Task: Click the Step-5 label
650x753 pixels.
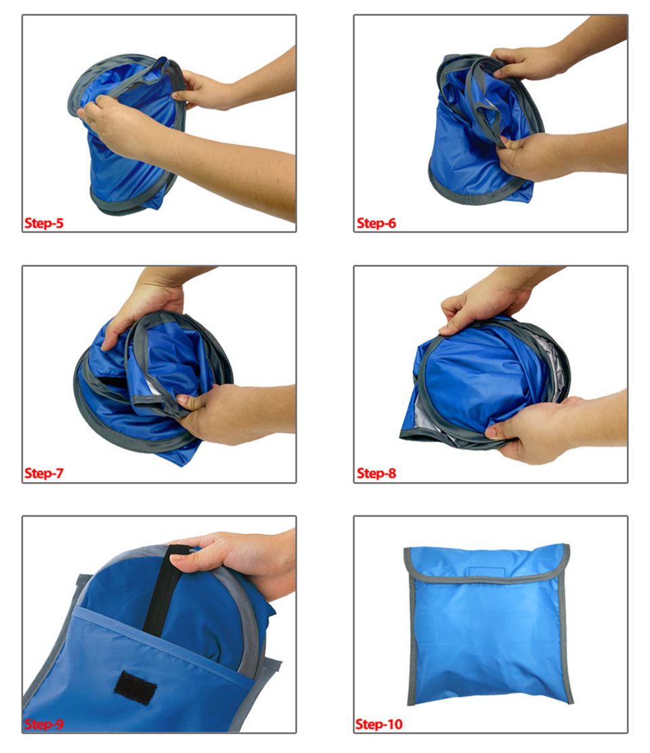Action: (x=44, y=223)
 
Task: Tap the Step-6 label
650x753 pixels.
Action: (x=376, y=223)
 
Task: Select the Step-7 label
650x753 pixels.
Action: (x=44, y=473)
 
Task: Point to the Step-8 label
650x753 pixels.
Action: (x=376, y=473)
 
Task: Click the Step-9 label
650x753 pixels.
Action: (x=44, y=724)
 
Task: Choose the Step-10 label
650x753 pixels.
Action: (x=378, y=724)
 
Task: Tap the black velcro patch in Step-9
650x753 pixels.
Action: (x=135, y=687)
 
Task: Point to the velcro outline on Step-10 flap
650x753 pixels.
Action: (x=487, y=572)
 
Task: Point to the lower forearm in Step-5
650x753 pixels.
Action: (x=230, y=173)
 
